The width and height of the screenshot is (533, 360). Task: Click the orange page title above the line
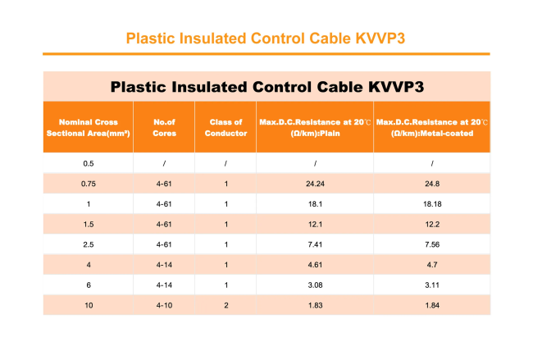coord(266,39)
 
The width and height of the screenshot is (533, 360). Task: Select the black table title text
coord(267,87)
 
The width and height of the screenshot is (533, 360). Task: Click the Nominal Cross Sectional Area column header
coord(89,127)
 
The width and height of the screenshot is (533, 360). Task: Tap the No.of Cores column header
coord(164,127)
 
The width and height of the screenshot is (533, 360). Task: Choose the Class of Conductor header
coord(225,127)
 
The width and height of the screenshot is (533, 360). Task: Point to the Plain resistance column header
coord(315,127)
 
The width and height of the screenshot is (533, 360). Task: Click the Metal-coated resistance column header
coord(432,127)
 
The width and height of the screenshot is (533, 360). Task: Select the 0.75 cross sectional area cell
coord(89,184)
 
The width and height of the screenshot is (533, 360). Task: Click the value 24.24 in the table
coord(315,184)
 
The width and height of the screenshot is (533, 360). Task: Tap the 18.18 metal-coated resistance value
coord(432,204)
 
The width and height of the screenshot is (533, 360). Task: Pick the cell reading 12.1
coord(315,225)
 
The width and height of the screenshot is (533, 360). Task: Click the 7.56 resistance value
coord(432,244)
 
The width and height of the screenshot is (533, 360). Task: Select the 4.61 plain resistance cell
coord(315,265)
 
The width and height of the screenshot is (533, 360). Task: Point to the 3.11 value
coord(432,285)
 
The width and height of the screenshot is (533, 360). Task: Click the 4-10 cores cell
coord(164,305)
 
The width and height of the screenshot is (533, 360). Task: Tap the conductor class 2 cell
coord(226,305)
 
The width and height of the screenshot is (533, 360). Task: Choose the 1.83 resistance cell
coord(315,305)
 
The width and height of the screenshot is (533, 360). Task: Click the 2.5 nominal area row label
coord(89,244)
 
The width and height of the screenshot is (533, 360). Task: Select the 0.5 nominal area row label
coord(89,163)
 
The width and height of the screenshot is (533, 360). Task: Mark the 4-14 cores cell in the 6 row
coord(164,285)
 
